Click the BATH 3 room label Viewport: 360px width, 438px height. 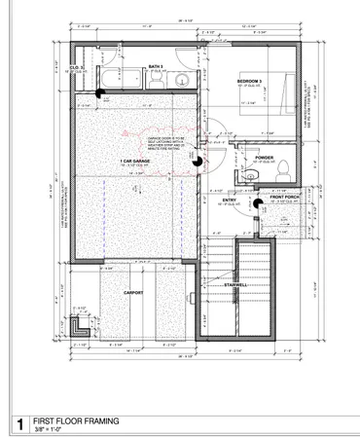point(155,66)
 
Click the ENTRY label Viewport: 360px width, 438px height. point(231,199)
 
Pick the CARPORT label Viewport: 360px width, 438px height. point(134,291)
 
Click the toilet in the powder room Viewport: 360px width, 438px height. point(280,171)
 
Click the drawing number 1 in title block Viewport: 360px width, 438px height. point(18,424)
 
